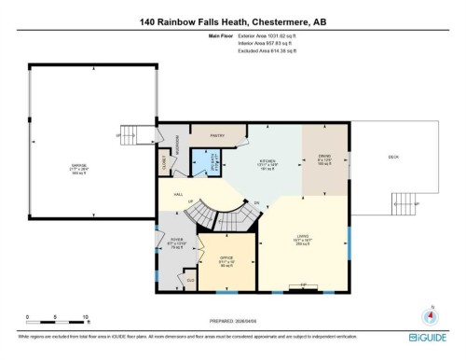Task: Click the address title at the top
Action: click(x=232, y=21)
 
